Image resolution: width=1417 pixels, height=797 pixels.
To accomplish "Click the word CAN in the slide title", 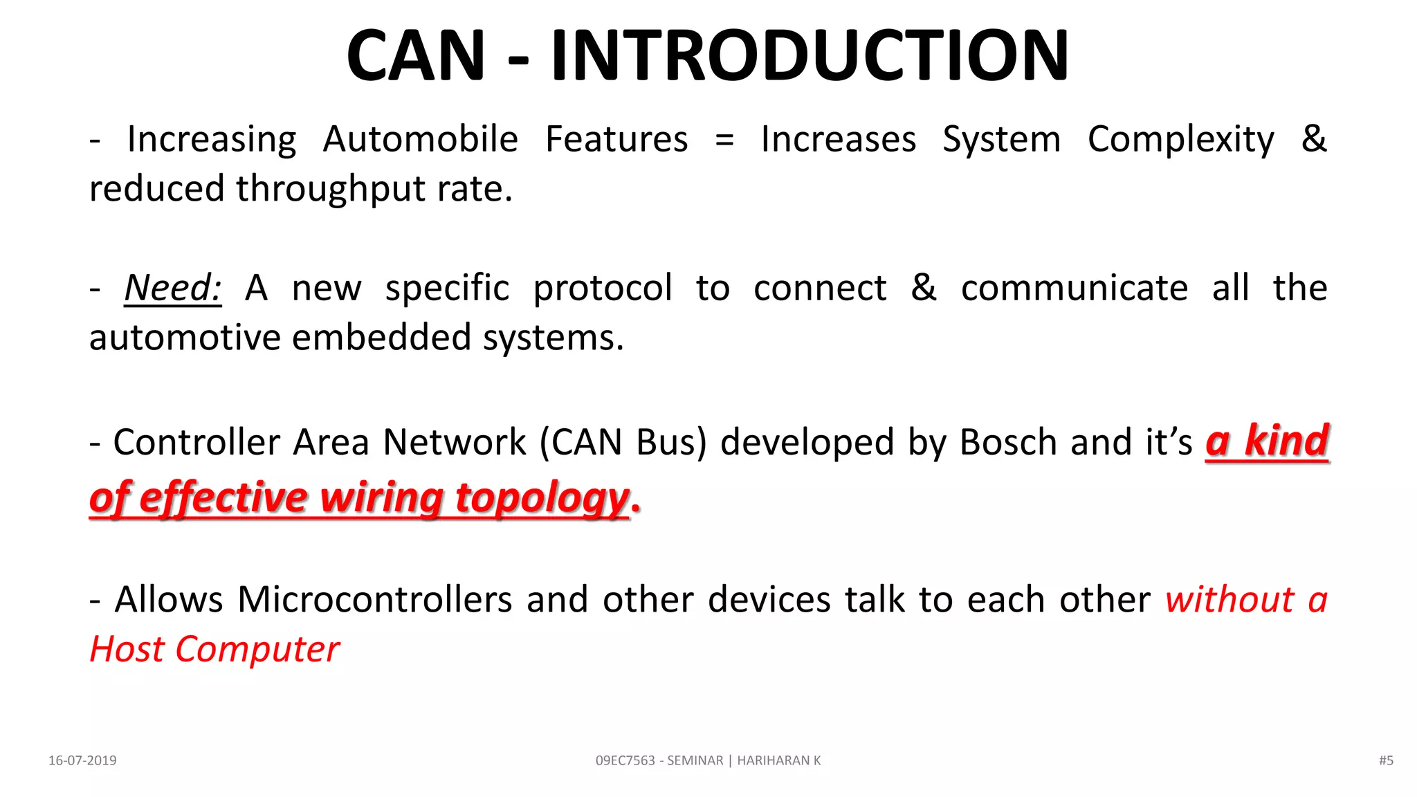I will (x=415, y=55).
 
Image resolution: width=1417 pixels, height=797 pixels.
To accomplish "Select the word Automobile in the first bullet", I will (x=420, y=139).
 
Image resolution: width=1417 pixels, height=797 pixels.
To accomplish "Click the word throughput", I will (x=330, y=190).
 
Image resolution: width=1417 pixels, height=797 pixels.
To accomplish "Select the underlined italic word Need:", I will (x=173, y=288).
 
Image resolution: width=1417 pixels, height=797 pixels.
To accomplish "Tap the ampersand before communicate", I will (x=924, y=288).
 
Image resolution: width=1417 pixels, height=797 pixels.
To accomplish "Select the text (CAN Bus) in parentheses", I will (x=623, y=443).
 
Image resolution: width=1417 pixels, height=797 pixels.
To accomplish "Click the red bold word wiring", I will (x=381, y=498).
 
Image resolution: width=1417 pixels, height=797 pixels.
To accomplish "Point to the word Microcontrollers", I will (x=374, y=600).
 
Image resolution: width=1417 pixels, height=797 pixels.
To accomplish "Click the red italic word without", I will (x=1229, y=600).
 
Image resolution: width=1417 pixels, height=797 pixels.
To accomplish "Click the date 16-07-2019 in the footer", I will (x=82, y=760).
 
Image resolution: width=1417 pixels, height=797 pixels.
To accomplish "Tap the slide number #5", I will (x=1385, y=760).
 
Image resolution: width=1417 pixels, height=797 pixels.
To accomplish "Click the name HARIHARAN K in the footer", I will (x=778, y=760).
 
